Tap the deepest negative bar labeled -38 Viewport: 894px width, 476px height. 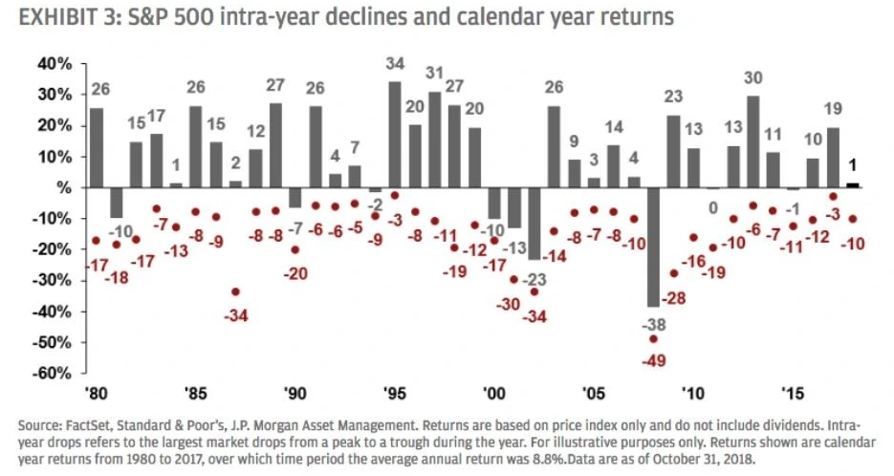(653, 247)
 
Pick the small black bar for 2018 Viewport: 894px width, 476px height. (853, 184)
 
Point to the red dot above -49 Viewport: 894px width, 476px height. (653, 338)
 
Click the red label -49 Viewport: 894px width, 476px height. (653, 359)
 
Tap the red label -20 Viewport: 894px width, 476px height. (296, 273)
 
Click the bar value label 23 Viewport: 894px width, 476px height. (674, 97)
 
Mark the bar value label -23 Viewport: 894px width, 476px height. (534, 280)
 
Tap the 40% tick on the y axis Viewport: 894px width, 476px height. (55, 64)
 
